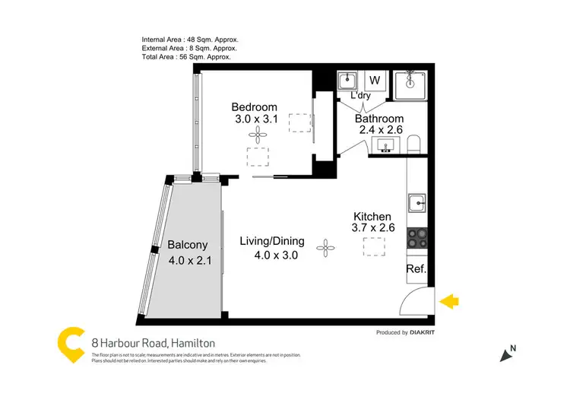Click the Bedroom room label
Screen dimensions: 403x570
(x=254, y=107)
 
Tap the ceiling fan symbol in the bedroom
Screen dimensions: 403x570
(x=258, y=135)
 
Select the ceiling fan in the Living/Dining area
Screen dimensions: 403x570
(x=326, y=246)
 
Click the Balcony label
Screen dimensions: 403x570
(x=187, y=245)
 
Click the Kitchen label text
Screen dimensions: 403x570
(x=372, y=217)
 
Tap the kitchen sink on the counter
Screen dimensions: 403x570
(x=417, y=203)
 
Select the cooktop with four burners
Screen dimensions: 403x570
(x=417, y=240)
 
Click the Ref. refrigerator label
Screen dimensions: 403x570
(x=416, y=269)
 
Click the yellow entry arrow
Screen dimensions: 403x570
(x=450, y=302)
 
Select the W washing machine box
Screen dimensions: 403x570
(x=374, y=80)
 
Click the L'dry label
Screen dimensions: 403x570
(x=362, y=97)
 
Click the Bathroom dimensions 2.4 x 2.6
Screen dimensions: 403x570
(x=382, y=130)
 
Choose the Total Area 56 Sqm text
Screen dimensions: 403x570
(x=186, y=57)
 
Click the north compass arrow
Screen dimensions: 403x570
(x=505, y=354)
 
